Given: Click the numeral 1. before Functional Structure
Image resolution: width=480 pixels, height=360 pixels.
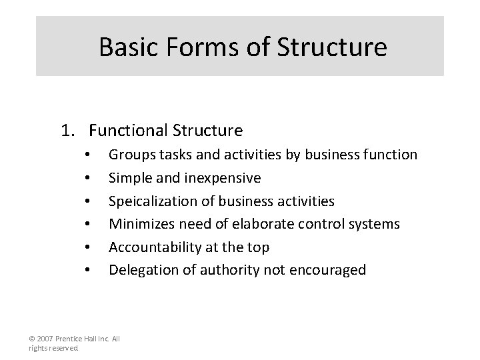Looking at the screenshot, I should [x=68, y=130].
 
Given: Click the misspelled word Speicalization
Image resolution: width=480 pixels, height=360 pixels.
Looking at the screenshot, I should [x=152, y=201].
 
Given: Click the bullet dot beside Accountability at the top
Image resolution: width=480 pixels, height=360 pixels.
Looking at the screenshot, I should [x=87, y=248].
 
